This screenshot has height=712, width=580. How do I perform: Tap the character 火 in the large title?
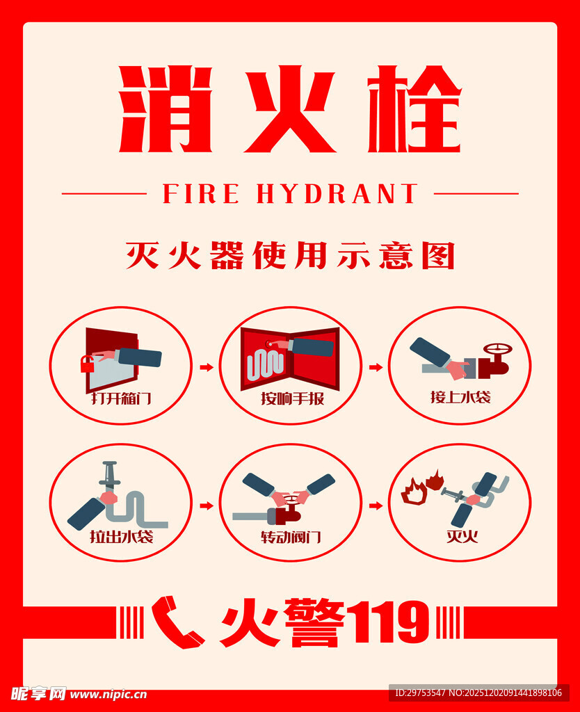289,109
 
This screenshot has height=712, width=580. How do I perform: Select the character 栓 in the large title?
414,109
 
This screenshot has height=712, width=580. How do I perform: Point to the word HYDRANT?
337,194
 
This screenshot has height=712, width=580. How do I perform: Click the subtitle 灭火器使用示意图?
290,255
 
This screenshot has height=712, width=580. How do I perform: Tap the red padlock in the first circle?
88,364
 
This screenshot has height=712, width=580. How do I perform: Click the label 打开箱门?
121,399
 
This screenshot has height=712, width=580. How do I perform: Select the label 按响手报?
292,399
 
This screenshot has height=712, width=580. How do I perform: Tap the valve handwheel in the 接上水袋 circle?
497,349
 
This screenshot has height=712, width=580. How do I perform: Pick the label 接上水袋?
460,398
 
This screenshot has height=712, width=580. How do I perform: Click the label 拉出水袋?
121,537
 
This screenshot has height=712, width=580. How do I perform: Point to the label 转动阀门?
291,537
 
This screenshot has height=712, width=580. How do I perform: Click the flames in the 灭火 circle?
422,487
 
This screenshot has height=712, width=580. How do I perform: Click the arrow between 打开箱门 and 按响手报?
206,367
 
